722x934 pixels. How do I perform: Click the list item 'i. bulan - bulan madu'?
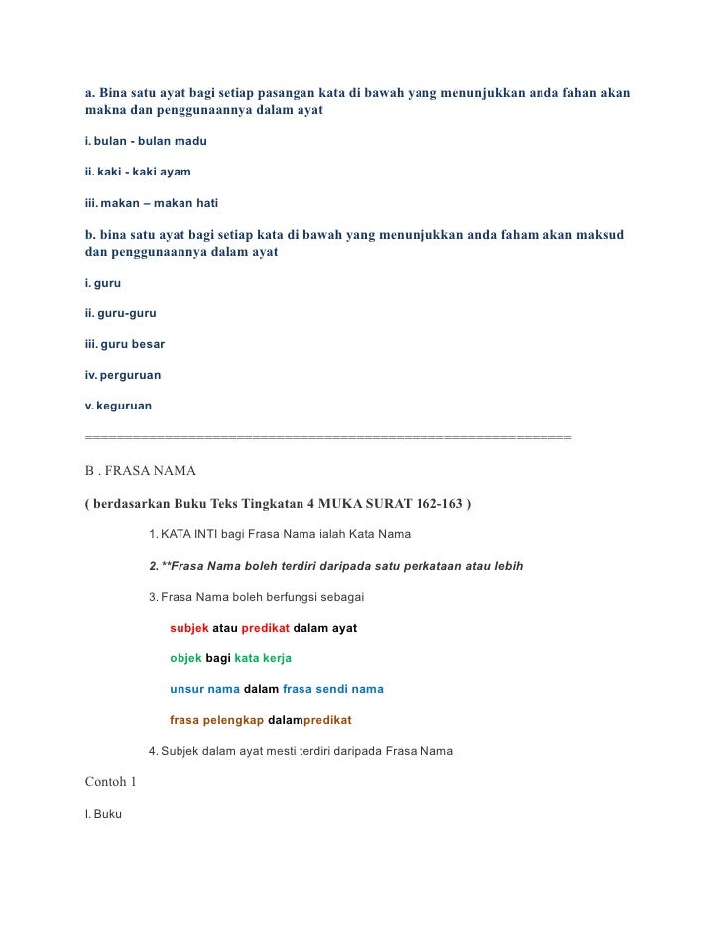(x=146, y=141)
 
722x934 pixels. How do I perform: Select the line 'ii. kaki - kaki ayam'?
(x=138, y=172)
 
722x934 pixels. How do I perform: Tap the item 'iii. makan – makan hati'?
(x=152, y=203)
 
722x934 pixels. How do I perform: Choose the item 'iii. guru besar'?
(x=125, y=344)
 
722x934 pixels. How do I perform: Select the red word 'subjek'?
(x=189, y=628)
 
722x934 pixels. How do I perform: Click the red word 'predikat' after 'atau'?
(x=265, y=628)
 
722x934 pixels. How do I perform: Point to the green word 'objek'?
(x=185, y=658)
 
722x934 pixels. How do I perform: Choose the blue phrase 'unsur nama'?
(x=204, y=689)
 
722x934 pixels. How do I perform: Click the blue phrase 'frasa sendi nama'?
(x=332, y=689)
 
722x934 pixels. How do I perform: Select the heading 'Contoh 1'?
(x=111, y=781)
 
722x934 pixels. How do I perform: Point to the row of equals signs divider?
(x=328, y=437)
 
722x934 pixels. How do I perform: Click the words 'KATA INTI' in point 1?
(x=188, y=535)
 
